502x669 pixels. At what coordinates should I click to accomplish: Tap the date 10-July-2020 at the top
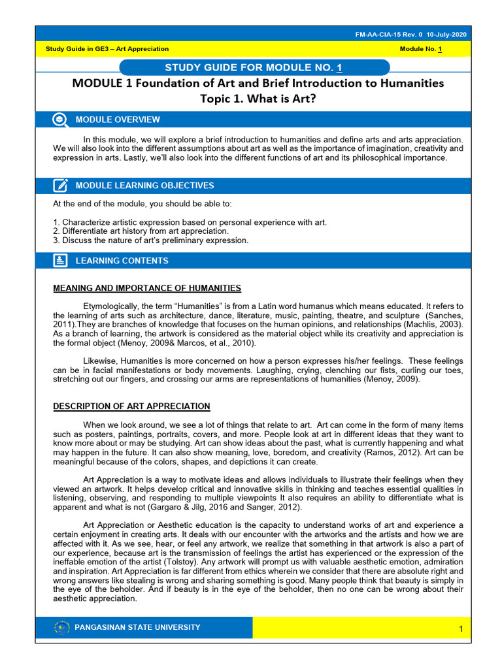[446, 34]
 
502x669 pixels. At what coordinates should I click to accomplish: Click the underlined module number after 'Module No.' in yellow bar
[440, 49]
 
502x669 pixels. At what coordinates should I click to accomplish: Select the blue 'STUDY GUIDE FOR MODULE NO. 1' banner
[254, 68]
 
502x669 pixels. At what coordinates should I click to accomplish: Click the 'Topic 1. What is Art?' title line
[258, 99]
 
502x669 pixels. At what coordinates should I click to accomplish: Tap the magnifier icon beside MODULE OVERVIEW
[60, 120]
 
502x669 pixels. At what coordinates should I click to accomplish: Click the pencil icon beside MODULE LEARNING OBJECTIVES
[60, 186]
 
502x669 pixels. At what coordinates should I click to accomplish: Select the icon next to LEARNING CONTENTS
[60, 261]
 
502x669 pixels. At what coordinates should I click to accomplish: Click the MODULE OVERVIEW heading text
[118, 120]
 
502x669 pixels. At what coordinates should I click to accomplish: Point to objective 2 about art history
[141, 231]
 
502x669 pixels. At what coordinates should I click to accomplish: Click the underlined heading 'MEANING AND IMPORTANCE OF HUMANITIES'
[147, 288]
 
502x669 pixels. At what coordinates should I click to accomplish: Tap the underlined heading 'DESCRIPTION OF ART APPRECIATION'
[131, 406]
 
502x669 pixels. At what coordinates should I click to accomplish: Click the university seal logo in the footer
[62, 628]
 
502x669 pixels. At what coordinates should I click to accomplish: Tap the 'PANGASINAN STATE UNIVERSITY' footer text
[138, 628]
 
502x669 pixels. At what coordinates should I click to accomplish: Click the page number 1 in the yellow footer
[460, 629]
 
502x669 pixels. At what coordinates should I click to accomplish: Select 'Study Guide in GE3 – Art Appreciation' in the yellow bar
[107, 49]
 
